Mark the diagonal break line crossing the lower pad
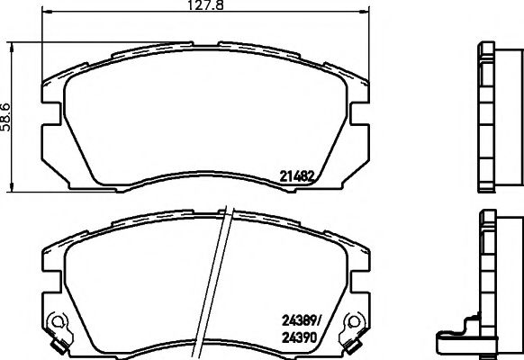pos(220,279)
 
